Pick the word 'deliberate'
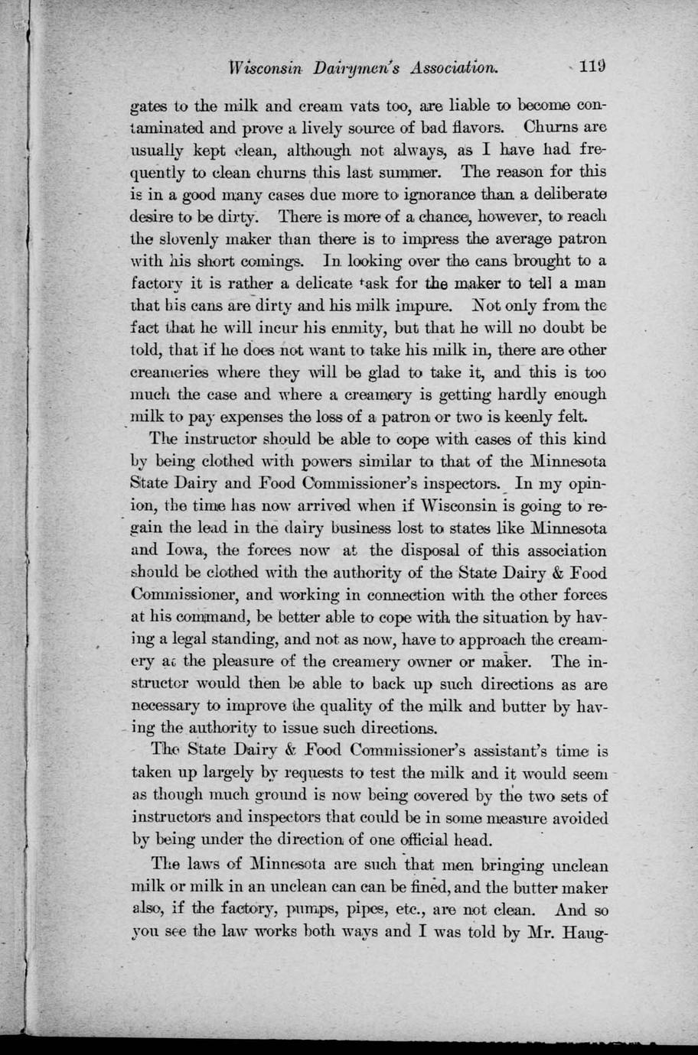[564, 194]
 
